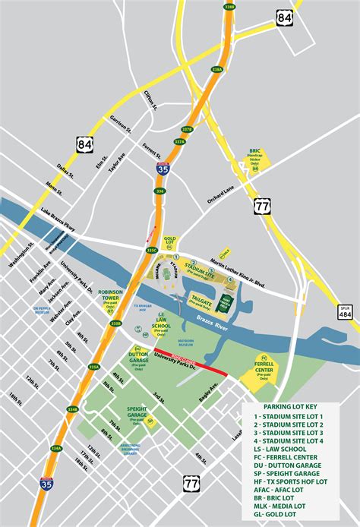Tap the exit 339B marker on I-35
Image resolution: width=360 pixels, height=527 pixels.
pyautogui.click(x=229, y=8)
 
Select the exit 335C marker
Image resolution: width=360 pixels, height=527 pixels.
pyautogui.click(x=151, y=250)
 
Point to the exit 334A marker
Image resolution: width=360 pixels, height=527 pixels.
pyautogui.click(x=55, y=449)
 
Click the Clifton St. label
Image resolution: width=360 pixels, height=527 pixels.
pyautogui.click(x=150, y=99)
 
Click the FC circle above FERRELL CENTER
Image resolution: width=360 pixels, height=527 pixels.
pyautogui.click(x=264, y=357)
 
